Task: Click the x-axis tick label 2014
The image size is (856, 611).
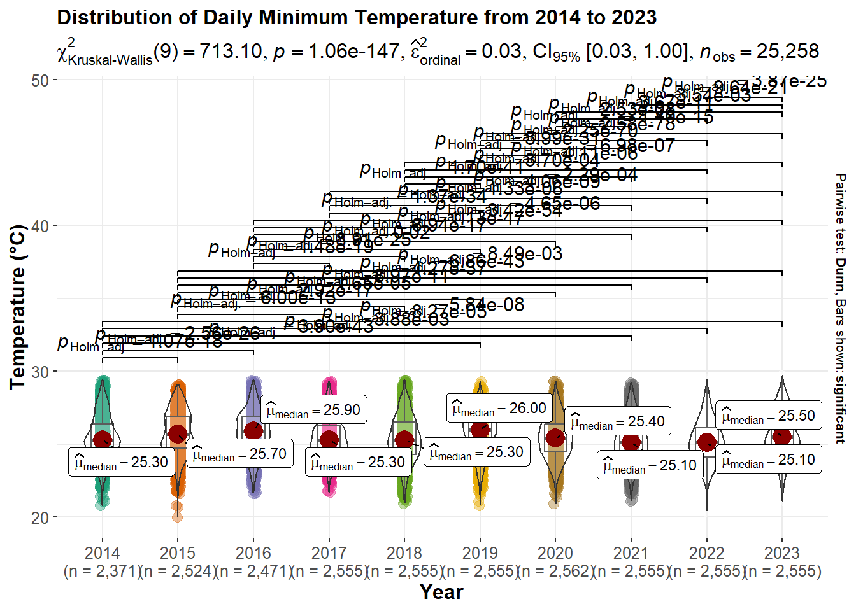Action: pyautogui.click(x=102, y=552)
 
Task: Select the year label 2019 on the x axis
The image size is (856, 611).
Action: pyautogui.click(x=480, y=552)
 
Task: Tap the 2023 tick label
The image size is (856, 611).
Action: pyautogui.click(x=782, y=552)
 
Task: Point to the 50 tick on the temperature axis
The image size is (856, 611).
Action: pyautogui.click(x=39, y=80)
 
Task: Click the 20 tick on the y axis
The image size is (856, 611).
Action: pyautogui.click(x=39, y=517)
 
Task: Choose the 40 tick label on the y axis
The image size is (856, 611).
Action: pyautogui.click(x=39, y=226)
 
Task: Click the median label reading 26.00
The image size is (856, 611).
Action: pyautogui.click(x=499, y=408)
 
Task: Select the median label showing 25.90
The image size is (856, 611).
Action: pyautogui.click(x=314, y=410)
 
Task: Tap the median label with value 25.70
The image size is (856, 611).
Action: pyautogui.click(x=239, y=454)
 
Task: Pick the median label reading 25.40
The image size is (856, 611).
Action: pyautogui.click(x=617, y=421)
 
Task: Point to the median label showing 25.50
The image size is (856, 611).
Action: pyautogui.click(x=768, y=416)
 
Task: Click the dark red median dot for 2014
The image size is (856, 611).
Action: pyautogui.click(x=102, y=439)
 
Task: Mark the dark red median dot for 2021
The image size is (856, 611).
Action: pyautogui.click(x=631, y=442)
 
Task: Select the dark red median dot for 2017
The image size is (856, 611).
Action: pyautogui.click(x=329, y=439)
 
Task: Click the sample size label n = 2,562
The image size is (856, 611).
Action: pyautogui.click(x=555, y=571)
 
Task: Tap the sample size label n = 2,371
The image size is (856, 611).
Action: pyautogui.click(x=102, y=571)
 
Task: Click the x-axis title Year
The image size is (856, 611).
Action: pyautogui.click(x=441, y=592)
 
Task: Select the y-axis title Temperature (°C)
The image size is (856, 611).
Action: pyautogui.click(x=17, y=306)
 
